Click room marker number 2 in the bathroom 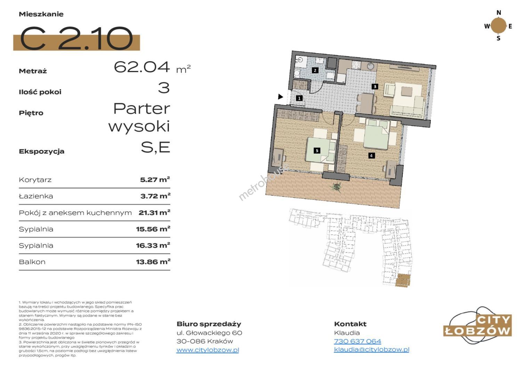pos(315,70)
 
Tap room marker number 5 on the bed pos(317,151)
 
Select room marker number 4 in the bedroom pos(371,156)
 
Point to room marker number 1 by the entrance pos(299,98)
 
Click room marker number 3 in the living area pos(375,86)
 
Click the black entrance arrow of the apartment pos(281,97)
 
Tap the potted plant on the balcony pos(336,187)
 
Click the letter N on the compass pos(499,13)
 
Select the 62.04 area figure pos(142,67)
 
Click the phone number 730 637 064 pos(358,341)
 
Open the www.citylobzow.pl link pos(208,350)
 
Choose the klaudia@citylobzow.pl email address pos(372,350)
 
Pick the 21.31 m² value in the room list pos(155,212)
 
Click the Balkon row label pos(32,262)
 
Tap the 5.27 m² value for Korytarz pos(155,180)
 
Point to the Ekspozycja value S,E pos(155,148)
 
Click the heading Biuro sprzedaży pos(209,324)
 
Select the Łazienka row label pos(36,196)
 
